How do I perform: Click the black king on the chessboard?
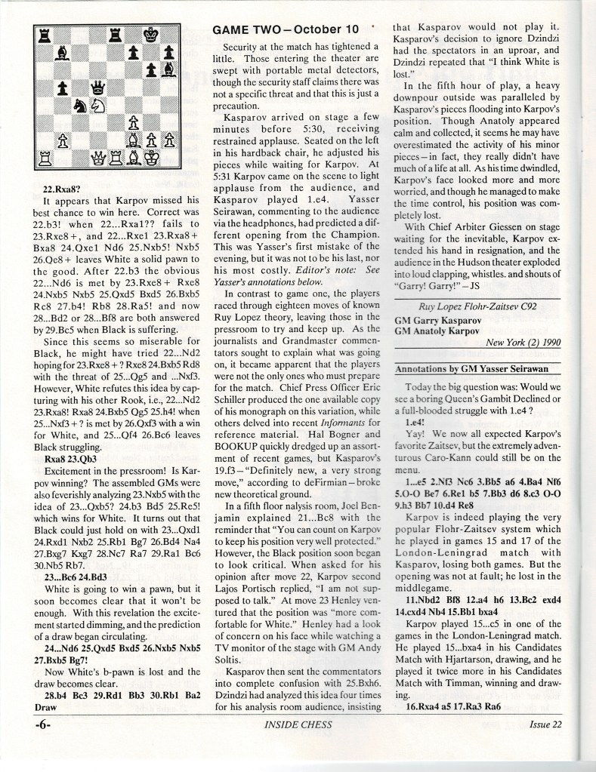[x=153, y=34]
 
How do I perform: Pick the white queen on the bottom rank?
[x=99, y=158]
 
